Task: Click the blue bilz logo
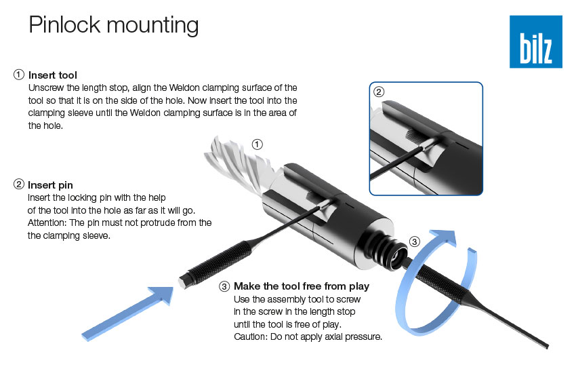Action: point(535,41)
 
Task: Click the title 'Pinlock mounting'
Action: point(114,25)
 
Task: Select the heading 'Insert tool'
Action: point(53,75)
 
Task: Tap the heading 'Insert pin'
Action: point(50,185)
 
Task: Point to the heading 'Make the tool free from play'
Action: point(302,286)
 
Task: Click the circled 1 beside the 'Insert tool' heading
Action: point(19,75)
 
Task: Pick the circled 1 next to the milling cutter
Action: point(257,144)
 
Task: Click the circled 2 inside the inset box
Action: point(379,92)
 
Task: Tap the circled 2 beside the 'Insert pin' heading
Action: point(19,184)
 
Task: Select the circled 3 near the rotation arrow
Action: point(414,242)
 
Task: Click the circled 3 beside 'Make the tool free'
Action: point(224,286)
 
